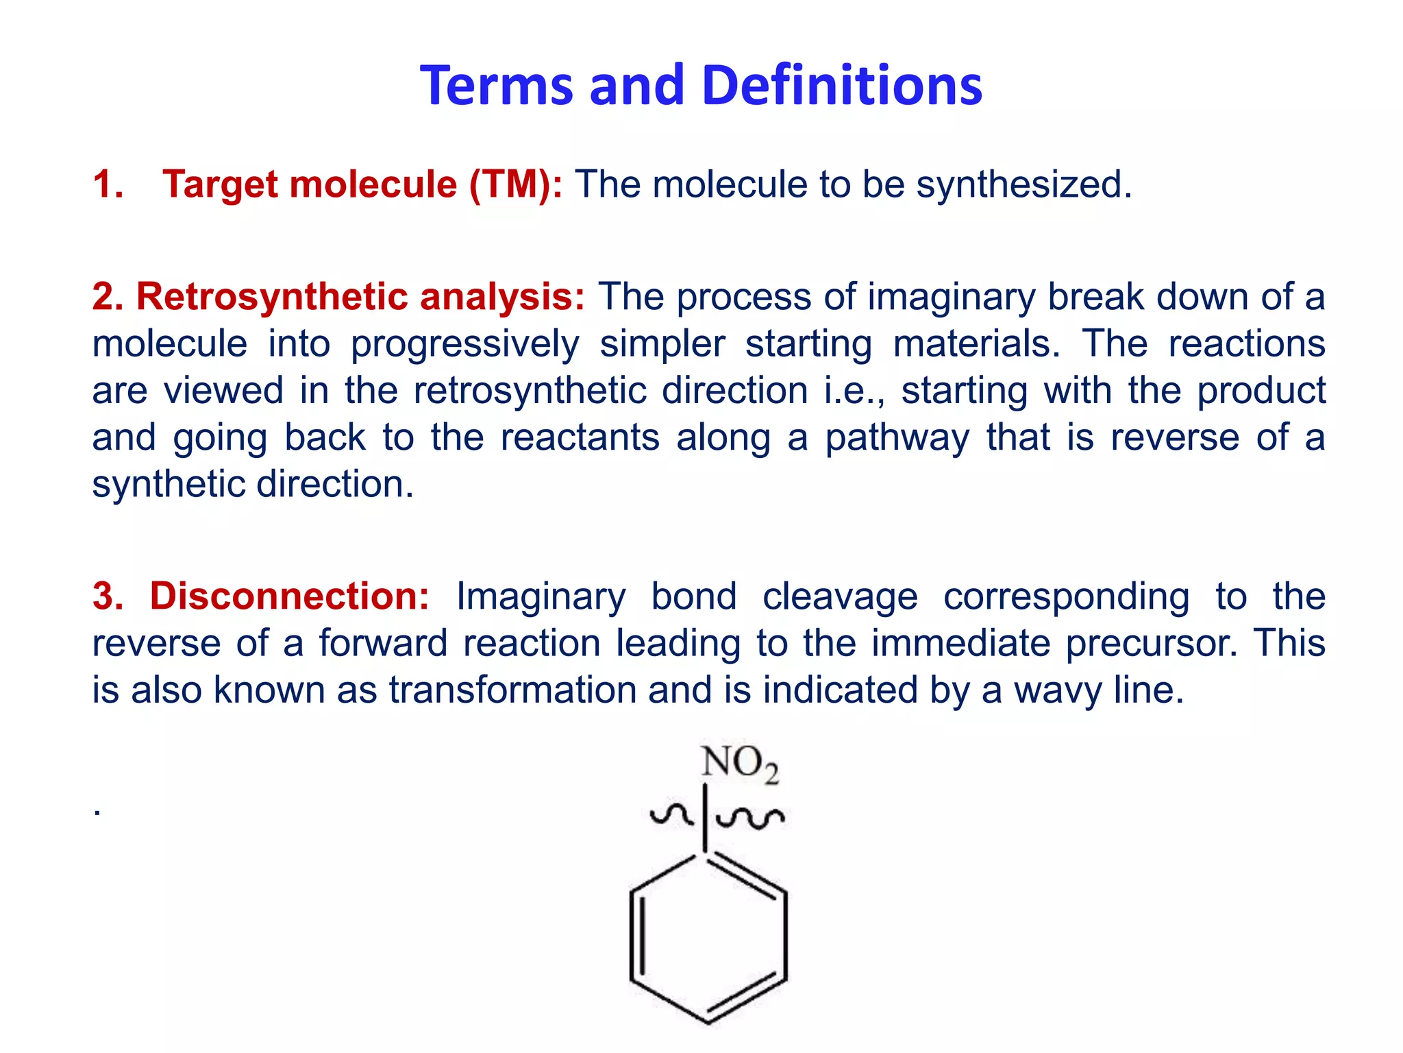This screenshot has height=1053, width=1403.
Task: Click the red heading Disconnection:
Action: tap(289, 596)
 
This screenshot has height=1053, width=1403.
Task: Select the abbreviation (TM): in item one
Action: tap(515, 184)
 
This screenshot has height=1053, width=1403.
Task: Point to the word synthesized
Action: tap(1023, 186)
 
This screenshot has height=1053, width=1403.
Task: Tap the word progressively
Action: tap(464, 345)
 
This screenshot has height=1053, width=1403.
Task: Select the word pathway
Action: tap(897, 439)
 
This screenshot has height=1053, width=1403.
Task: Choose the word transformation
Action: tap(512, 690)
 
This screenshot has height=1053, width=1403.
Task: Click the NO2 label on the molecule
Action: tap(739, 763)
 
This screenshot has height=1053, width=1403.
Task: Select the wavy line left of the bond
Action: tap(671, 814)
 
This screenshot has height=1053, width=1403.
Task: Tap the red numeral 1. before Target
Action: tap(108, 184)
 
